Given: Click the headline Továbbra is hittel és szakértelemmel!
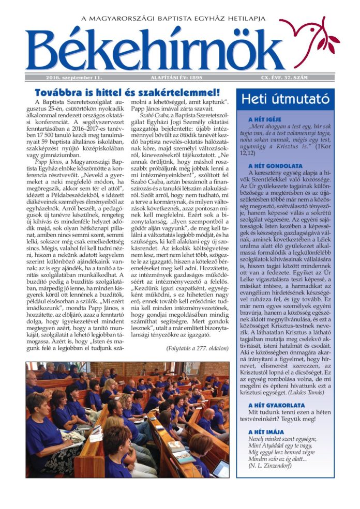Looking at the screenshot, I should [x=127, y=93].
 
